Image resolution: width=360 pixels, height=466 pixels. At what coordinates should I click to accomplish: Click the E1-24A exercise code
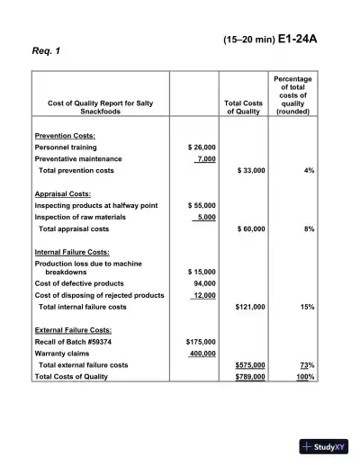click(x=296, y=40)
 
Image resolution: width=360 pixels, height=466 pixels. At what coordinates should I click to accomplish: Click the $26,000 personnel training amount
click(x=201, y=147)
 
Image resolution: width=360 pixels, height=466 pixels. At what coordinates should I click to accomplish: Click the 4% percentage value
click(x=309, y=170)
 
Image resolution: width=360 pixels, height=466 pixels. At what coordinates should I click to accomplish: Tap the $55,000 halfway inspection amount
click(x=201, y=205)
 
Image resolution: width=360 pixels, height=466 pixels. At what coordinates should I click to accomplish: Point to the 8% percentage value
click(x=309, y=229)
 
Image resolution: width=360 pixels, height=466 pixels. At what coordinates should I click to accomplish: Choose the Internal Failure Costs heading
click(x=72, y=253)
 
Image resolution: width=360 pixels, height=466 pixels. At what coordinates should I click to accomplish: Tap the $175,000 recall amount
click(x=199, y=342)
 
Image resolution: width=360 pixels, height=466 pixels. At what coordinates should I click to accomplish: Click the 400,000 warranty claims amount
click(x=201, y=354)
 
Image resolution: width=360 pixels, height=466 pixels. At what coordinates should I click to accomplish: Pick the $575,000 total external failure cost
click(x=249, y=365)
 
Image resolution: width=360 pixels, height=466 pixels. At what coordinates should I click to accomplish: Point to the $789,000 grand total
click(x=249, y=377)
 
